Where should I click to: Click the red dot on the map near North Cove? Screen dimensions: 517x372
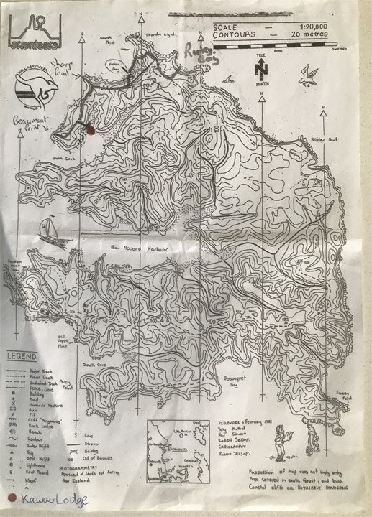pos(90,130)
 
